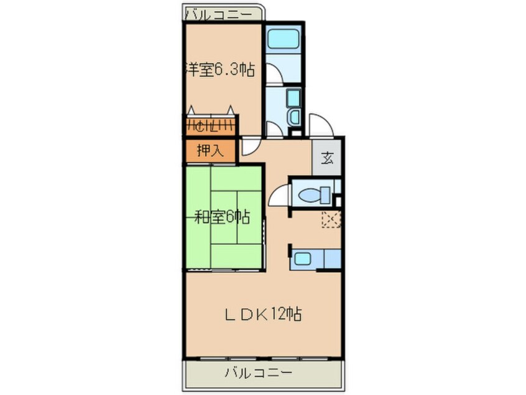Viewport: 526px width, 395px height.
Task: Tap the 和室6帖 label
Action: pyautogui.click(x=223, y=217)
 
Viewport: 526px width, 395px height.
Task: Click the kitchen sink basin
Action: pyautogui.click(x=304, y=258)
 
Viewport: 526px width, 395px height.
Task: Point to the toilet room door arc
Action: pyautogui.click(x=279, y=197)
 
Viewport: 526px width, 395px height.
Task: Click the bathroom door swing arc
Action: pyautogui.click(x=274, y=73)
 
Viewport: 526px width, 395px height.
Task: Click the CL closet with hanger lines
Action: pyautogui.click(x=210, y=125)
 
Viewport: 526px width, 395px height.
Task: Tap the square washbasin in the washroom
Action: pyautogui.click(x=293, y=98)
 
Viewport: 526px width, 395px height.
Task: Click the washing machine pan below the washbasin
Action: pyautogui.click(x=294, y=117)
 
